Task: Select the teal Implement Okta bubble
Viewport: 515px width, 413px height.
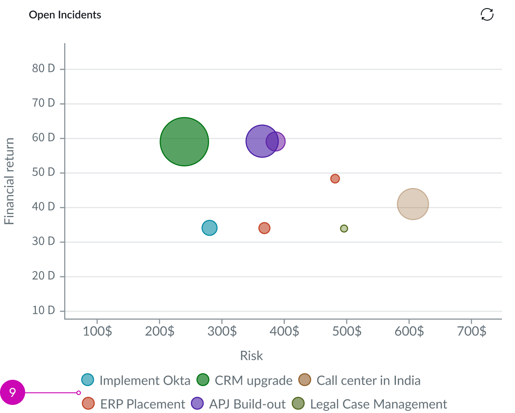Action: [209, 228]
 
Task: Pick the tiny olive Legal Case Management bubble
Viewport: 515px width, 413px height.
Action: [344, 228]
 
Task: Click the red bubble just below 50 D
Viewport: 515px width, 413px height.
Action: [335, 179]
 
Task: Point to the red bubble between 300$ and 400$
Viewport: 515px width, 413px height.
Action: [264, 228]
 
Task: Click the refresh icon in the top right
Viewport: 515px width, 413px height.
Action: [487, 15]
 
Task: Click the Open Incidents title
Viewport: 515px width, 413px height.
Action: [65, 15]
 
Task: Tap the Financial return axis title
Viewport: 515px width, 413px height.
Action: [9, 181]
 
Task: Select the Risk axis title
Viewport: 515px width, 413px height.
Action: [251, 356]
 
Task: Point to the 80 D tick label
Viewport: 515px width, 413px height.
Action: [44, 69]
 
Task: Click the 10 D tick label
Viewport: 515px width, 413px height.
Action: [44, 311]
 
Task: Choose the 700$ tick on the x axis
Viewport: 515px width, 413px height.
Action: [471, 332]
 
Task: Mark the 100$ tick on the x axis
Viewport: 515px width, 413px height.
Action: [97, 332]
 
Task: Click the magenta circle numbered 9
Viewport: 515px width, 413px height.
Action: [13, 393]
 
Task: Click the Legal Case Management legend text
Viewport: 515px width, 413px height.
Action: [378, 404]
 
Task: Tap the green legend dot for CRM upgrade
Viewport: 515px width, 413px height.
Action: [203, 380]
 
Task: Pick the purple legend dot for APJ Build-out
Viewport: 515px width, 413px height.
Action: [197, 404]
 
